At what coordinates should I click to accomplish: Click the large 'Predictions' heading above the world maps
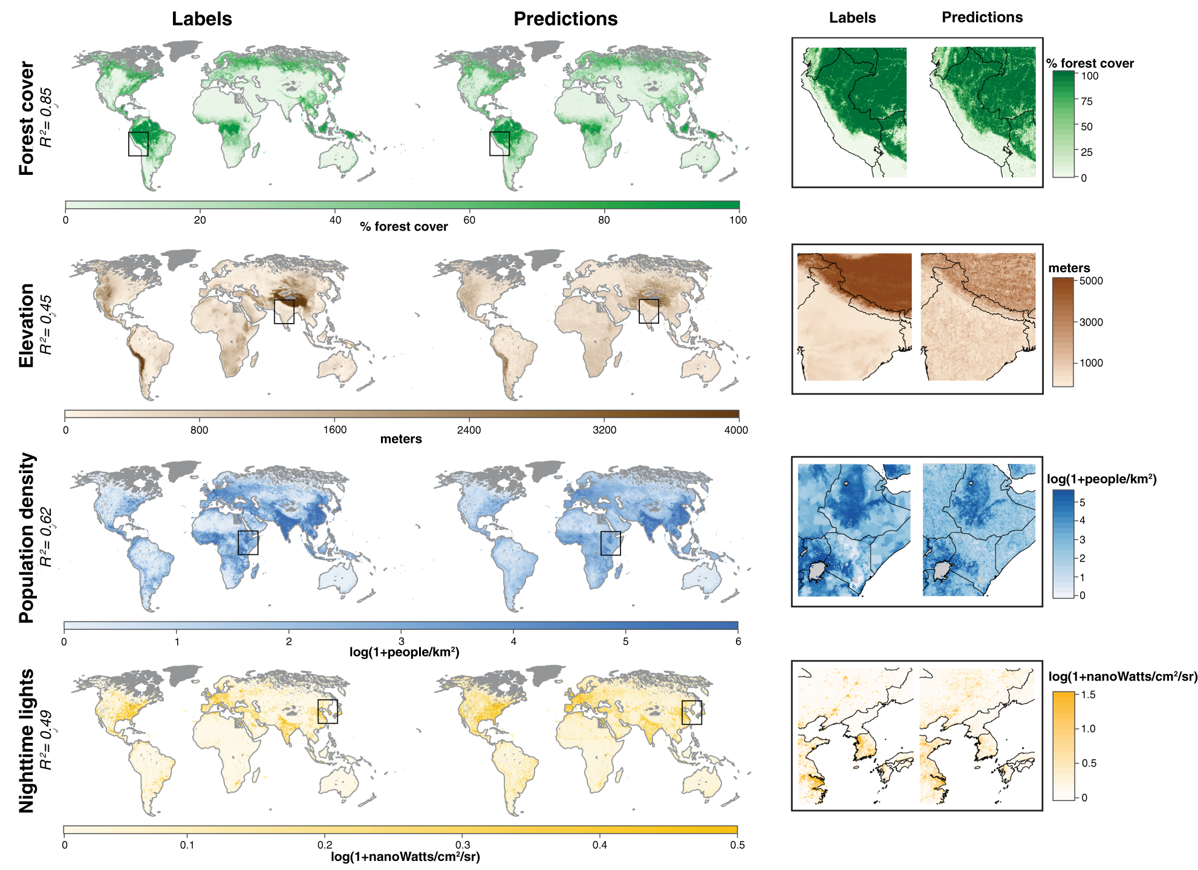point(565,19)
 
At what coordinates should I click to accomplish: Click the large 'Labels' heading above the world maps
point(201,19)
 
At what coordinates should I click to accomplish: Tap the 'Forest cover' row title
point(27,118)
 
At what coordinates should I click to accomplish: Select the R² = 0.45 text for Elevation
point(47,324)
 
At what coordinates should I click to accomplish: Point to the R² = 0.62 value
point(47,537)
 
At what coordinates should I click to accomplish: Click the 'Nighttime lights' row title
point(27,741)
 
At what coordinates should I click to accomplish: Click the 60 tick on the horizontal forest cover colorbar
point(469,220)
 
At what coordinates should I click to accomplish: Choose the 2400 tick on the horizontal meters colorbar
point(469,430)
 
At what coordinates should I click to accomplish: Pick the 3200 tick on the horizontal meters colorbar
point(604,430)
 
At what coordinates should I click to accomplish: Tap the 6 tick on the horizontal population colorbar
point(738,641)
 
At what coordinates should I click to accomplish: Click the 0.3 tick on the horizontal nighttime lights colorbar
point(463,845)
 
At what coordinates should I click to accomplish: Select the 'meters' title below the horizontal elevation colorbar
point(401,439)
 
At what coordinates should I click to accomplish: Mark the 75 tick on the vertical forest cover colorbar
point(1087,102)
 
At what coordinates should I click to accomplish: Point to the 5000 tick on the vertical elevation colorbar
point(1091,281)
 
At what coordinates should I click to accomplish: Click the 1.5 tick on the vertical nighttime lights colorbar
point(1088,695)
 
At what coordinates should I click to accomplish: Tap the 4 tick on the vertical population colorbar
point(1082,520)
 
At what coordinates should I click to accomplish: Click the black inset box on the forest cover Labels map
point(138,144)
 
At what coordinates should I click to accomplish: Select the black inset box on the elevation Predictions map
point(649,311)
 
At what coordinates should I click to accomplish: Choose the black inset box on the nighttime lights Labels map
point(328,711)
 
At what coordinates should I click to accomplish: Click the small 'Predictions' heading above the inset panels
point(982,18)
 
